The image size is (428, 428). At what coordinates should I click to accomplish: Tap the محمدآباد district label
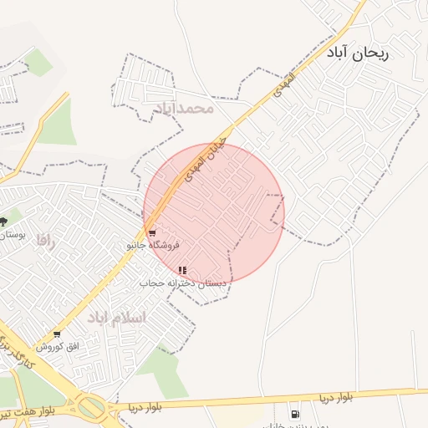[184, 108]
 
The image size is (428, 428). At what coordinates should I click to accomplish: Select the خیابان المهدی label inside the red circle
[205, 155]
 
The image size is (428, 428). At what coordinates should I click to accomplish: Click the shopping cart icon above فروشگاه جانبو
[151, 232]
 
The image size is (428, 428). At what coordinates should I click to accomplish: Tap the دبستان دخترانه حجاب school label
[183, 284]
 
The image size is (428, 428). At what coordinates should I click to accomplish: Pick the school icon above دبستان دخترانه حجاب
[182, 270]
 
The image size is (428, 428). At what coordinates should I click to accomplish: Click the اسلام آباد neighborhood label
[116, 318]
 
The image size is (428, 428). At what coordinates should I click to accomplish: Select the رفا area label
[44, 240]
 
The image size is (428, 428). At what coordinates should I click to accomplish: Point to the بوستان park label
[12, 236]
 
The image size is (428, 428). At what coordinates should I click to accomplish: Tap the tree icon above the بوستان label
[4, 222]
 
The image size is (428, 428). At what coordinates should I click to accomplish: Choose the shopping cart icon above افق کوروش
[57, 334]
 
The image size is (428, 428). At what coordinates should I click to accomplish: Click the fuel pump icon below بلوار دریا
[294, 414]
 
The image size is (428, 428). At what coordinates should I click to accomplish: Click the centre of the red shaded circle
[214, 213]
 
